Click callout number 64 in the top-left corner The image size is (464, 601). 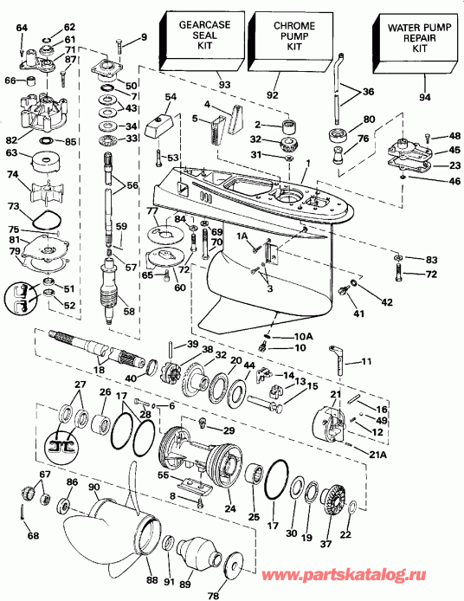[x=21, y=29]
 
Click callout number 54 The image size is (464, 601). [x=171, y=96]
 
